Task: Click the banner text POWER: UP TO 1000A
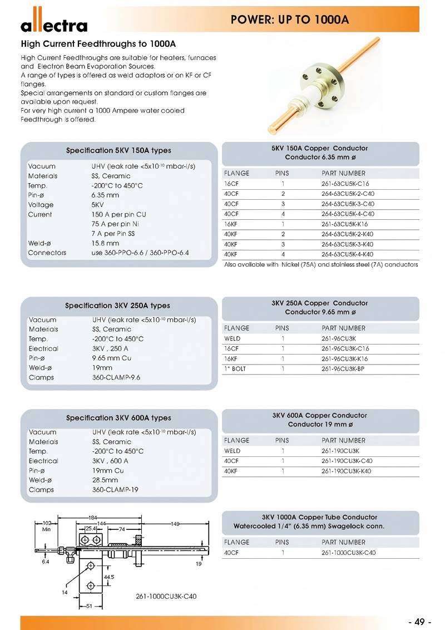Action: (290, 19)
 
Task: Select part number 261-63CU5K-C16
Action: (345, 184)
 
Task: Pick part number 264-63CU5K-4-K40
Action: (348, 254)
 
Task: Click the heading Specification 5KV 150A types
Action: (118, 150)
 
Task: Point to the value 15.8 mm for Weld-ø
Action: (106, 243)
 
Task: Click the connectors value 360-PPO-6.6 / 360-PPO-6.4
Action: (140, 253)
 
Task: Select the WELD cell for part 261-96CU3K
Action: (232, 338)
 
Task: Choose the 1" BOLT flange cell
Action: (235, 369)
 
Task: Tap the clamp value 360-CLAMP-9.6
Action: (116, 377)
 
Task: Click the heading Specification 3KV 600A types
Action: (118, 418)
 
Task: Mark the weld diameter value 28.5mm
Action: (105, 480)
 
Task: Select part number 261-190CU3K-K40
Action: (347, 471)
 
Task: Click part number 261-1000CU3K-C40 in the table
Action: (348, 553)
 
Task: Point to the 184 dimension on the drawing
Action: (93, 518)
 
